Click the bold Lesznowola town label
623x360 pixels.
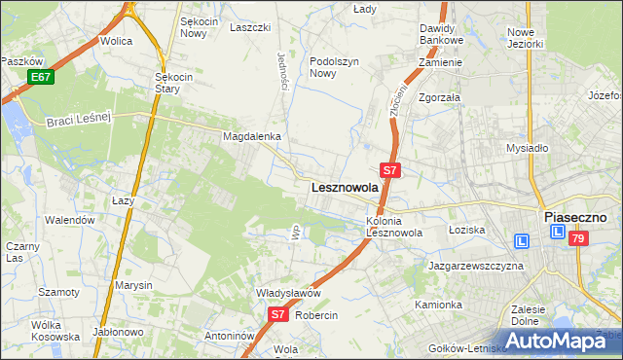[x=344, y=188]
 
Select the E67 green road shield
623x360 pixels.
[x=40, y=76]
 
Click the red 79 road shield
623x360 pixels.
[x=578, y=238]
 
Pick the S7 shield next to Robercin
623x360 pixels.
[x=277, y=314]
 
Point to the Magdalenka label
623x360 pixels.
[x=252, y=137]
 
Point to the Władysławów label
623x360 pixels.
[x=261, y=293]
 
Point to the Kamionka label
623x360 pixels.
[x=438, y=305]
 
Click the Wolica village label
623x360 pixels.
[x=116, y=42]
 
